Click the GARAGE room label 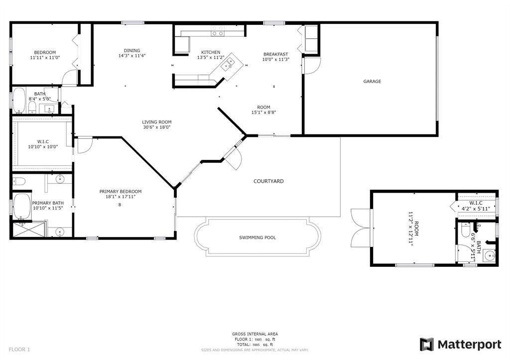pyautogui.click(x=372, y=81)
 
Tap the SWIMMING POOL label pyautogui.click(x=257, y=238)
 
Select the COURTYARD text pyautogui.click(x=268, y=181)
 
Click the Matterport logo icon pyautogui.click(x=426, y=345)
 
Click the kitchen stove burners pyautogui.click(x=217, y=31)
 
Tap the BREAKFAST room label pyautogui.click(x=275, y=54)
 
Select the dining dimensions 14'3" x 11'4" pyautogui.click(x=131, y=56)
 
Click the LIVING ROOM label pyautogui.click(x=156, y=122)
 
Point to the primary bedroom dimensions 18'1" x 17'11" pyautogui.click(x=120, y=196)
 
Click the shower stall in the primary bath pyautogui.click(x=28, y=230)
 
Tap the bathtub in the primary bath pyautogui.click(x=21, y=206)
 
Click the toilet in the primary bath pyautogui.click(x=19, y=181)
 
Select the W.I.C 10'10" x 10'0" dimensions pyautogui.click(x=43, y=147)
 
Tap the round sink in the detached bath pyautogui.click(x=489, y=255)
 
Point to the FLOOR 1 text pyautogui.click(x=19, y=350)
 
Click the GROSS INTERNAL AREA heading pyautogui.click(x=255, y=334)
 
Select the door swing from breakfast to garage pyautogui.click(x=312, y=66)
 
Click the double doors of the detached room pyautogui.click(x=361, y=228)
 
